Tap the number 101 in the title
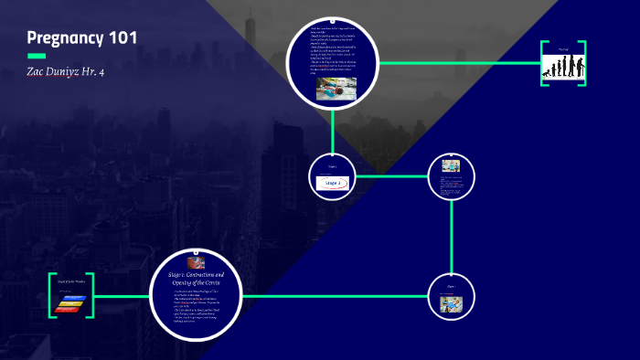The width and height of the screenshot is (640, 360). tap(123, 37)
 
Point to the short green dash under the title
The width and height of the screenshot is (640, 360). tap(37, 57)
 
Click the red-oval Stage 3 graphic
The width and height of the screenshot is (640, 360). tap(331, 183)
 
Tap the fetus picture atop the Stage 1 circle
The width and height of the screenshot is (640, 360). tap(196, 261)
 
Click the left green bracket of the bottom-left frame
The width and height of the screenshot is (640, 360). tap(53, 296)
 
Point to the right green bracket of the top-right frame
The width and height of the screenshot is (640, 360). tap(583, 63)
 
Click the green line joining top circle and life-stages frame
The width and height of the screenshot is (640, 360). tap(457, 63)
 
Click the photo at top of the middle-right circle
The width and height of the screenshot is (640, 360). tap(450, 166)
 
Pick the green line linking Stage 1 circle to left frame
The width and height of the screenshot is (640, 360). tap(123, 296)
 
